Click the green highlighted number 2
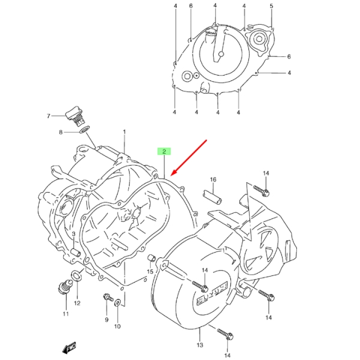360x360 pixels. tap(164, 151)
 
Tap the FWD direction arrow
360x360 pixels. tap(69, 347)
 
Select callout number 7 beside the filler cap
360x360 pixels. tap(49, 116)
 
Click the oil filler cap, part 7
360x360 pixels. tap(74, 116)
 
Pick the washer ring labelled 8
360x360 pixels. tap(85, 130)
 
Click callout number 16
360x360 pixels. tap(213, 179)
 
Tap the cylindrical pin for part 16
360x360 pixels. tap(212, 197)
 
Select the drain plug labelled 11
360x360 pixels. tap(65, 287)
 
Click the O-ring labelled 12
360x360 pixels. tap(77, 275)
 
